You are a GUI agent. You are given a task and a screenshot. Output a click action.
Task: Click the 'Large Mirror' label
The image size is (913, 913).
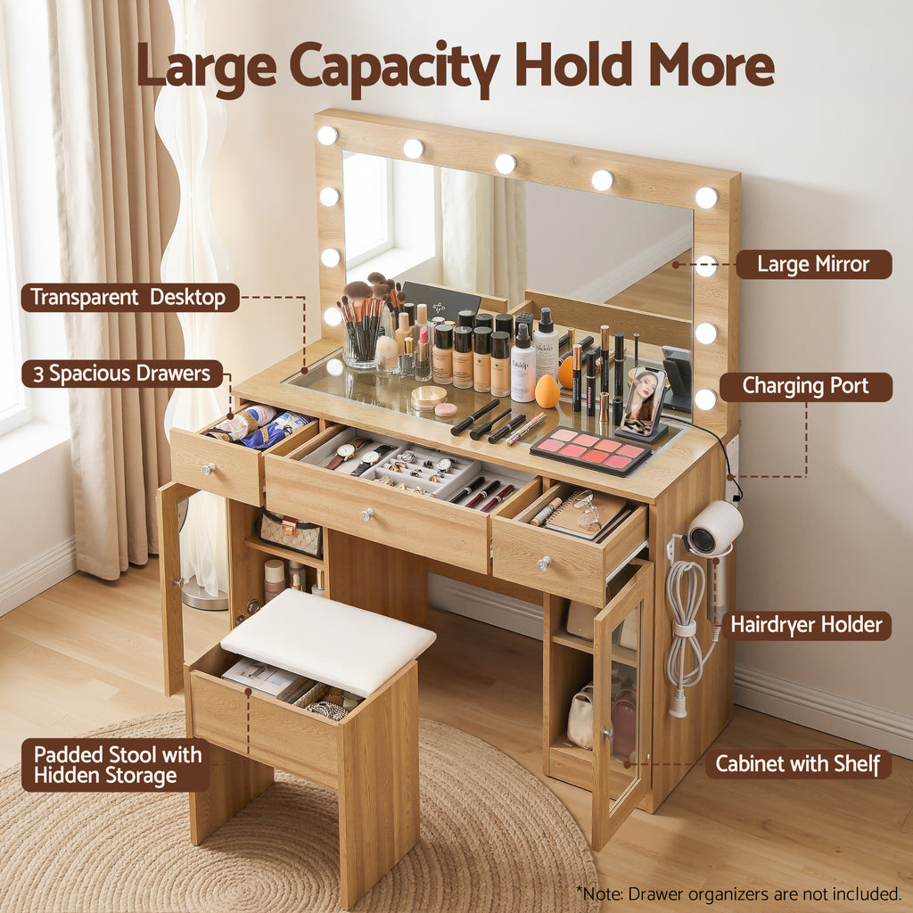[x=813, y=264]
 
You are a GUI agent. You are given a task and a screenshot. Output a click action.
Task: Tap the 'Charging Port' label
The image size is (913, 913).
[x=805, y=387]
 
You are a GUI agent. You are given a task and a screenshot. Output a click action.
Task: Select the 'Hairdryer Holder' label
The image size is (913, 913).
[x=806, y=625]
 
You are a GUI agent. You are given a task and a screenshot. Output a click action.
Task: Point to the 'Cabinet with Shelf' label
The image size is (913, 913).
[x=798, y=764]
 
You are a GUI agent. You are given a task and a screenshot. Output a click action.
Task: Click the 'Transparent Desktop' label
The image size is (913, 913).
[x=129, y=298]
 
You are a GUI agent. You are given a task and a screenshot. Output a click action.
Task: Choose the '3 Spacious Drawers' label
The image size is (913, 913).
[x=122, y=374]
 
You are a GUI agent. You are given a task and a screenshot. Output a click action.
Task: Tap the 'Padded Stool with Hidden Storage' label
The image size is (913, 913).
[x=117, y=765]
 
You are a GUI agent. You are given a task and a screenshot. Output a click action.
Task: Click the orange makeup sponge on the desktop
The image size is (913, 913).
[x=547, y=391]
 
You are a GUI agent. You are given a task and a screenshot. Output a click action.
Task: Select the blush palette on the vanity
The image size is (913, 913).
[x=591, y=450]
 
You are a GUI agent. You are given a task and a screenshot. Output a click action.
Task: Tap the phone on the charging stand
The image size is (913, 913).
[x=643, y=400]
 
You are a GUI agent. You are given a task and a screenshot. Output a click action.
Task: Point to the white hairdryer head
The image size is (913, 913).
[x=713, y=528]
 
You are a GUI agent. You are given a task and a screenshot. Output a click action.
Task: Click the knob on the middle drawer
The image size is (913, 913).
[x=366, y=514]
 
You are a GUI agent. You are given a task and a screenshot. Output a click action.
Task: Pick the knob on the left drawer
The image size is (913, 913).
[x=209, y=469]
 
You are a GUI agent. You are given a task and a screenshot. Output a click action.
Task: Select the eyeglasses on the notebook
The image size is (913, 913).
[x=587, y=511]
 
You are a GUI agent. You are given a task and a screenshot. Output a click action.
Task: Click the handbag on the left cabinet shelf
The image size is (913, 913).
[x=290, y=533]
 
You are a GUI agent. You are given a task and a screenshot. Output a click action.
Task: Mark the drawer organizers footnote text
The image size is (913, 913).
[x=739, y=893]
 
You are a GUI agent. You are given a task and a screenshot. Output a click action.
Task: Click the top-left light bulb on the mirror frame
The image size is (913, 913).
[x=327, y=136]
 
